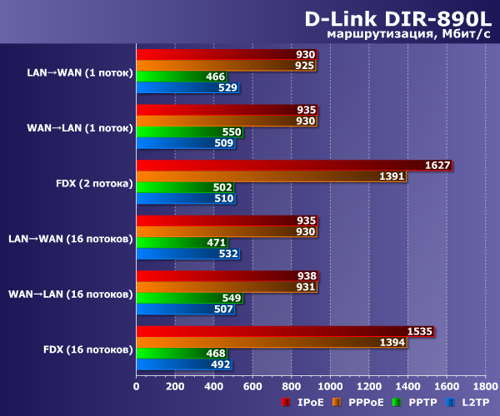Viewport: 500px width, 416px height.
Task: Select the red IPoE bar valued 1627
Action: point(293,165)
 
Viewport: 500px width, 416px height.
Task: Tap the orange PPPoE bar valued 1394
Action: point(272,342)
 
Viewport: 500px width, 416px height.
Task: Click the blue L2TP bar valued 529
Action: point(187,87)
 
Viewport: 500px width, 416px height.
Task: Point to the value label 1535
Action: point(418,331)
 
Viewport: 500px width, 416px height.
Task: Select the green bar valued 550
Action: point(189,131)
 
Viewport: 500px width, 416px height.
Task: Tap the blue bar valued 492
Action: point(183,364)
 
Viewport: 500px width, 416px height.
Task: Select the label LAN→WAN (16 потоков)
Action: point(70,238)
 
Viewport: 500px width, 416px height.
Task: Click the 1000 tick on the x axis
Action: point(330,386)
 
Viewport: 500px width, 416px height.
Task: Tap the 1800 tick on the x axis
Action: point(485,386)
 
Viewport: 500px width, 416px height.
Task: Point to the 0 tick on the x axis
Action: point(137,386)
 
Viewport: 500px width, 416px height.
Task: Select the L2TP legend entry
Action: point(472,403)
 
